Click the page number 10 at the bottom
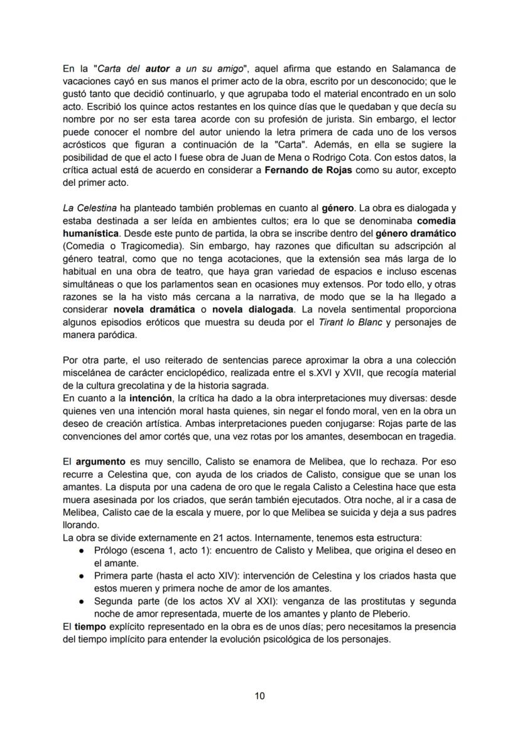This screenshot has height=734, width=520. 260,695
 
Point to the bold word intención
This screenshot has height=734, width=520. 151,398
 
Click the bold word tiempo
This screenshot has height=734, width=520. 90,627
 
